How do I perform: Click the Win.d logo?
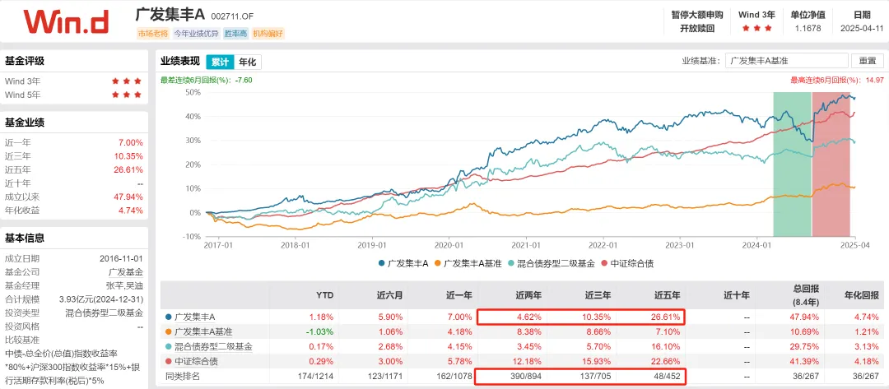(66, 21)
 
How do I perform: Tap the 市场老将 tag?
(152, 34)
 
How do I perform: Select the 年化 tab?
(247, 62)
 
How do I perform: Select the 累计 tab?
(220, 62)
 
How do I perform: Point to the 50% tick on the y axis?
(191, 92)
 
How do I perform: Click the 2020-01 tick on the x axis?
(449, 244)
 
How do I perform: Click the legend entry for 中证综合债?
(630, 263)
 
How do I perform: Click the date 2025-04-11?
(861, 28)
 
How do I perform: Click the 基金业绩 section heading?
(25, 123)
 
